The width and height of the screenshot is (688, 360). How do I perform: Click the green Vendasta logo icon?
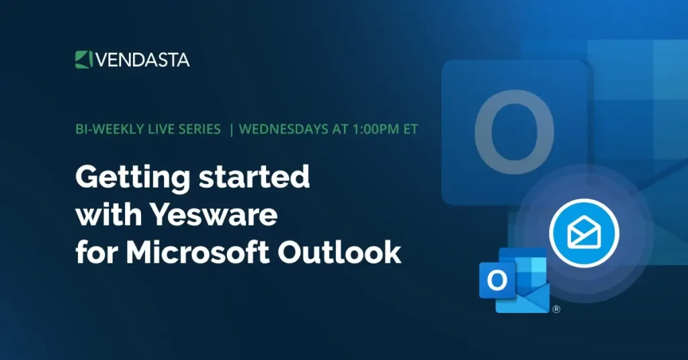click(83, 59)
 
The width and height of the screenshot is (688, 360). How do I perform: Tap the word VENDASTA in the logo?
click(142, 60)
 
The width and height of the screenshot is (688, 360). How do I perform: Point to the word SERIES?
click(197, 129)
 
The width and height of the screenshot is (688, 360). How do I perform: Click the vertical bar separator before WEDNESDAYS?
click(231, 129)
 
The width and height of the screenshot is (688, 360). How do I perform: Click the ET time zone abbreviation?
click(410, 129)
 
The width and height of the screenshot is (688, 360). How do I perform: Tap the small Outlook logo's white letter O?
click(497, 280)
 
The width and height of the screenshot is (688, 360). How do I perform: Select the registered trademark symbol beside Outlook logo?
click(556, 310)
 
